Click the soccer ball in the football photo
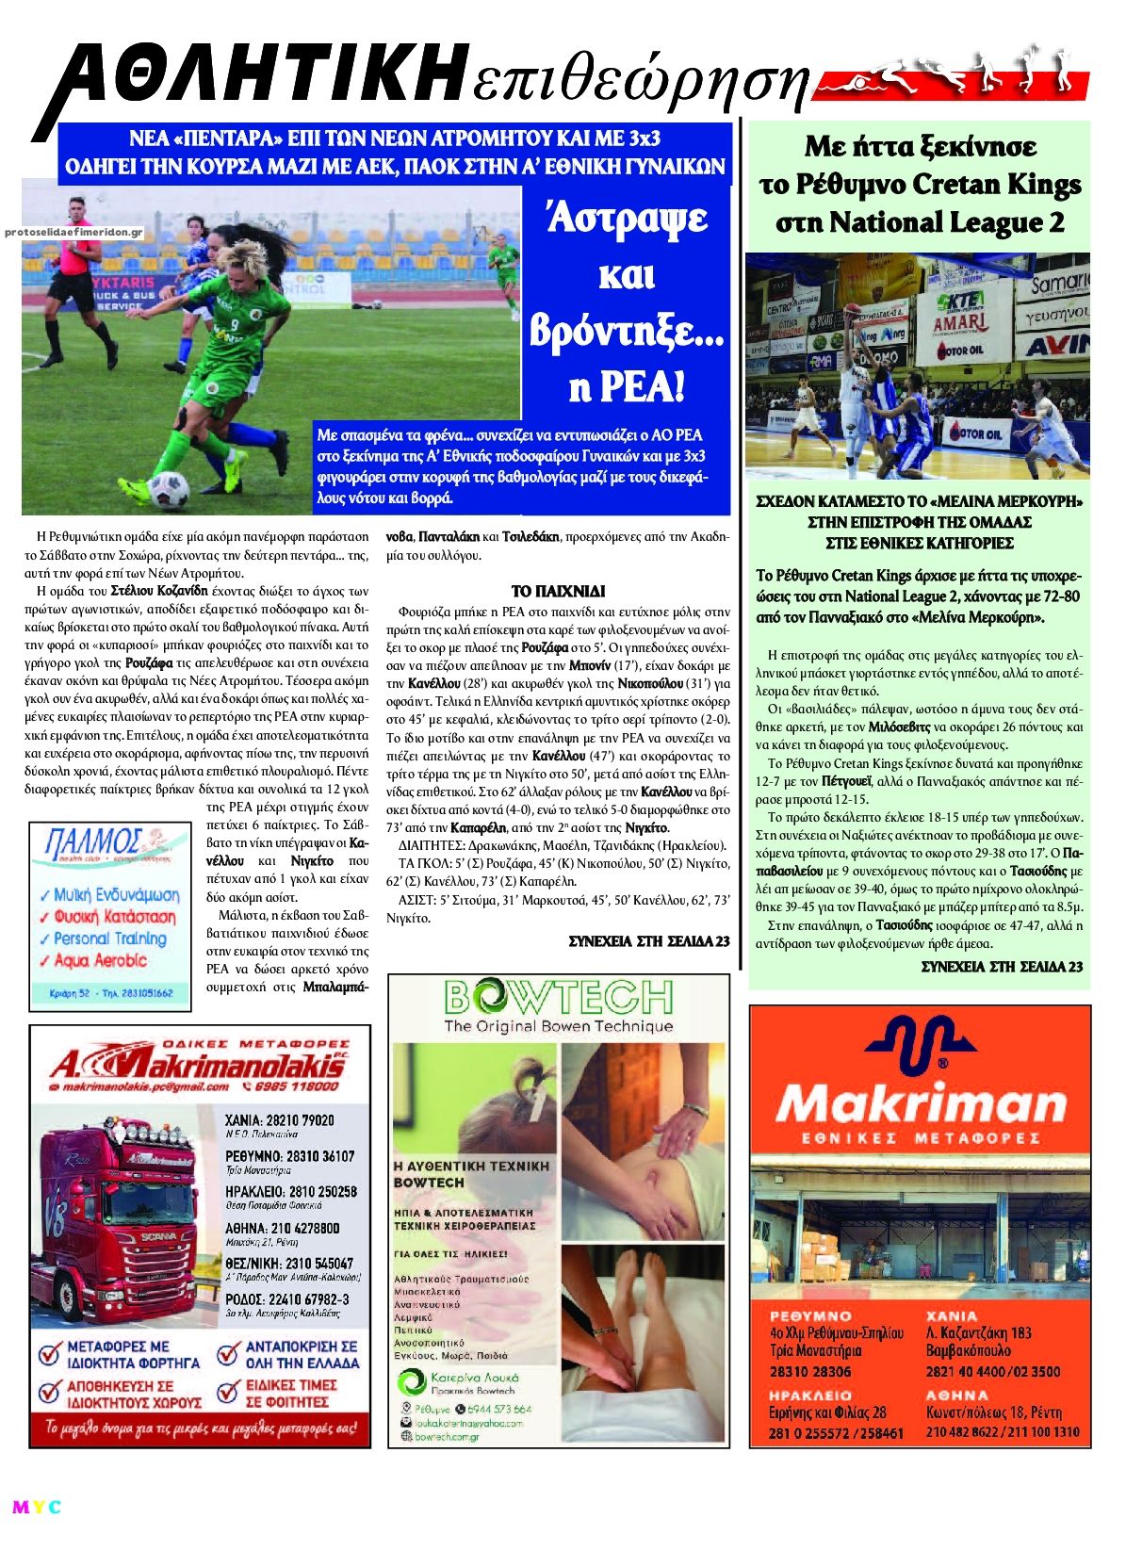(170, 490)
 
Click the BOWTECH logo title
(558, 997)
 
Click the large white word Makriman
(920, 1103)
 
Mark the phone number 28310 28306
(809, 1371)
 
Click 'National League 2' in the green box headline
(920, 222)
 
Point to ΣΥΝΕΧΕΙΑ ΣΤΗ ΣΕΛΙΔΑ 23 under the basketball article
(1001, 966)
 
